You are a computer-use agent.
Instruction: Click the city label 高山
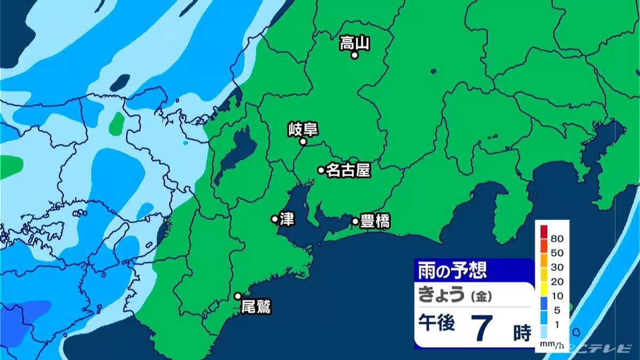tap(355, 43)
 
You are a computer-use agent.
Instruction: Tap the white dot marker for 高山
tap(354, 55)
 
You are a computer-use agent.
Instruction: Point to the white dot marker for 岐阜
tap(303, 142)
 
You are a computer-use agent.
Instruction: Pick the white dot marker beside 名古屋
tap(321, 170)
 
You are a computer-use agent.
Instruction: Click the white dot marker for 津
tap(275, 219)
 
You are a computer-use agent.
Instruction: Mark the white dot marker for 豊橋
tap(355, 221)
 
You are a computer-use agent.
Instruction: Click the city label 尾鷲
tap(256, 307)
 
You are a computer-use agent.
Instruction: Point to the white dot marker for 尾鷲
tap(238, 296)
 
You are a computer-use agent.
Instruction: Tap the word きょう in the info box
tap(442, 294)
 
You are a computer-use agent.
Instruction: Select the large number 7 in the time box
tap(481, 327)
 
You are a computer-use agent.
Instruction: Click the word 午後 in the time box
tap(436, 324)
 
